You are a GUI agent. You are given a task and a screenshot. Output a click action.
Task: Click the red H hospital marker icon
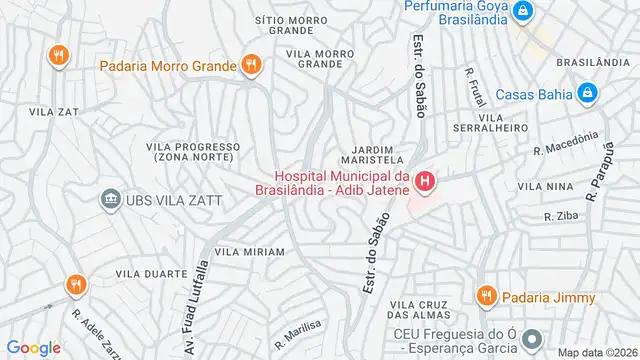pyautogui.click(x=426, y=181)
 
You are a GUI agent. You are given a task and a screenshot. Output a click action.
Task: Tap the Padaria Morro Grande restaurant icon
pyautogui.click(x=251, y=68)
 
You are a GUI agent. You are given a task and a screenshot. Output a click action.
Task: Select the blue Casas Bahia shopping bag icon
pyautogui.click(x=588, y=94)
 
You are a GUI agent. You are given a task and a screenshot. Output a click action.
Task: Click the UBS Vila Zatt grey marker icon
pyautogui.click(x=108, y=200)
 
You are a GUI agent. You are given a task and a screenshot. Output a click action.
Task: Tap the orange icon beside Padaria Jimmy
pyautogui.click(x=487, y=296)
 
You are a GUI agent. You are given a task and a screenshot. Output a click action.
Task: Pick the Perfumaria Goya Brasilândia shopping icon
pyautogui.click(x=523, y=11)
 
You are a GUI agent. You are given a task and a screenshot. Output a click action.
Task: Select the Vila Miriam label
pyautogui.click(x=249, y=251)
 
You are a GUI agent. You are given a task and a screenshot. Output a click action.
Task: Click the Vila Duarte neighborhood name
pyautogui.click(x=151, y=273)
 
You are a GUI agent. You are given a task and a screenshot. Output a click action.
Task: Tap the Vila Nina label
pyautogui.click(x=544, y=186)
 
